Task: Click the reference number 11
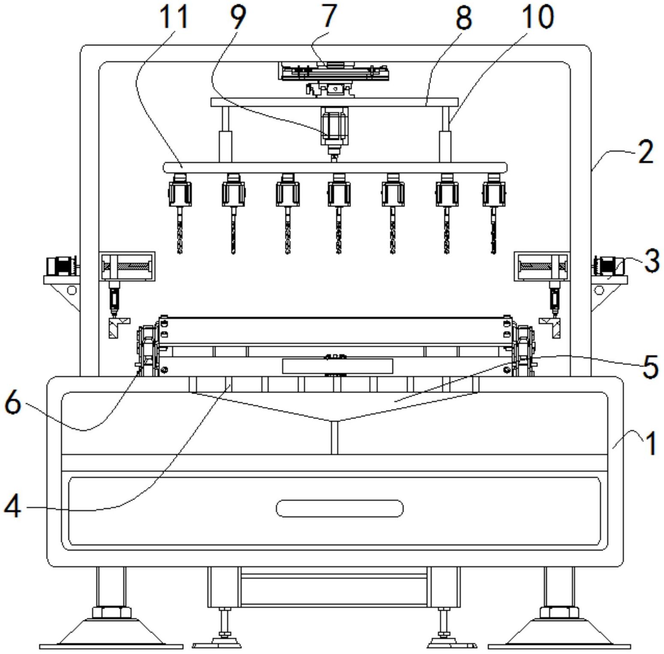click(x=174, y=17)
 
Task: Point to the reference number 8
click(x=464, y=18)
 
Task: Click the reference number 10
click(x=538, y=17)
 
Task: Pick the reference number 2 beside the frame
click(x=646, y=152)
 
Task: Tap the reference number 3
click(x=652, y=261)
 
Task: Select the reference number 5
click(x=651, y=367)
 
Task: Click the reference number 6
click(x=13, y=403)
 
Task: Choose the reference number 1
click(x=651, y=443)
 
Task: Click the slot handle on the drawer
click(x=339, y=508)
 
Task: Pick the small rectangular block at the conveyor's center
click(x=338, y=366)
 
